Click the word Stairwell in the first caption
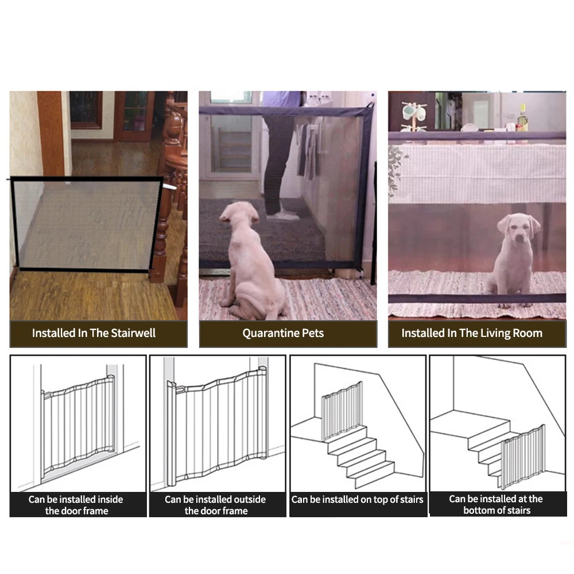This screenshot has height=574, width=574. click(x=133, y=333)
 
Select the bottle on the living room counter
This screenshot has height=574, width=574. click(x=523, y=117)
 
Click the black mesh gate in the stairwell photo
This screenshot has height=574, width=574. click(x=87, y=224)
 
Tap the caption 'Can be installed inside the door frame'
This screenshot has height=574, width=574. click(x=76, y=505)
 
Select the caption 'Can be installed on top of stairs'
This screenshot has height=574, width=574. click(x=357, y=499)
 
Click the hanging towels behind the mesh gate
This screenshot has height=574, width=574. click(x=308, y=150)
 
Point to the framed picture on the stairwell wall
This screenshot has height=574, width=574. click(x=87, y=110)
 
